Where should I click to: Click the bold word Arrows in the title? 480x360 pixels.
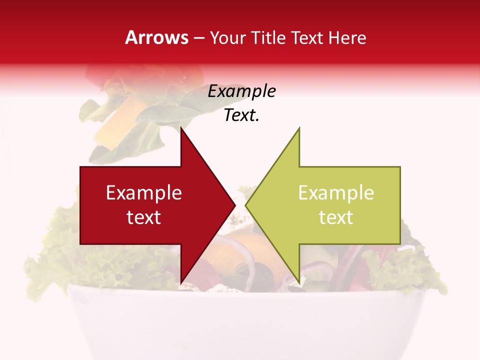[156, 37]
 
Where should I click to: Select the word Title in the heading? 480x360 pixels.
[268, 38]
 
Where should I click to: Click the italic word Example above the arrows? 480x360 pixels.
[241, 91]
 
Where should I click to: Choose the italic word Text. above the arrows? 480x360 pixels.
[241, 115]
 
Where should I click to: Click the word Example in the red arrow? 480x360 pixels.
[144, 192]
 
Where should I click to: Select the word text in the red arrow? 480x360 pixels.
[144, 217]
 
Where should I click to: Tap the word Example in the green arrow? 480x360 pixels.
[336, 192]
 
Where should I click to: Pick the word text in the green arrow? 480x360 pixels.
[336, 217]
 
